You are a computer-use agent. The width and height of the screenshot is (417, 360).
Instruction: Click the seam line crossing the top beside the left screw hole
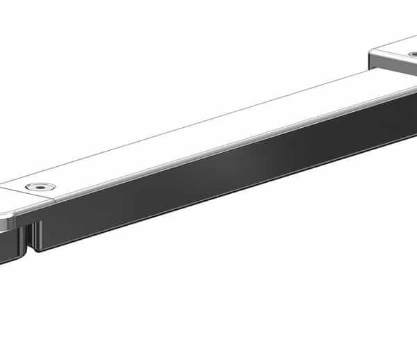pos(28,198)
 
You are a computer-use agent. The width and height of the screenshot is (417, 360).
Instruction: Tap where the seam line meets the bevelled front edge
pos(54,202)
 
